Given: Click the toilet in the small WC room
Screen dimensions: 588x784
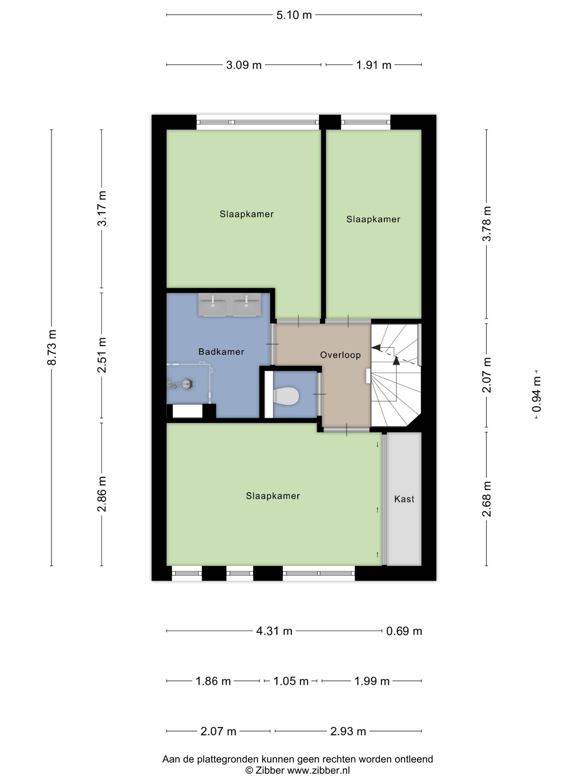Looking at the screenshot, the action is (x=286, y=396).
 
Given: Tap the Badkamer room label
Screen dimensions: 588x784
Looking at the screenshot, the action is (x=221, y=352).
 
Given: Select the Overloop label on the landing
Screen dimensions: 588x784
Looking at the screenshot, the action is (x=340, y=355).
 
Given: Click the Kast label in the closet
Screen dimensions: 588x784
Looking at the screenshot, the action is (x=404, y=499).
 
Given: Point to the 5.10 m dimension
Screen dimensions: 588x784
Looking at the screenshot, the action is (x=294, y=15).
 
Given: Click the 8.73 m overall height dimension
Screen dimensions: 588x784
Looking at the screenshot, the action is (x=52, y=347).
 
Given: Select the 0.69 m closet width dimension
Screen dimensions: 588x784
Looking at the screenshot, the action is (x=404, y=631).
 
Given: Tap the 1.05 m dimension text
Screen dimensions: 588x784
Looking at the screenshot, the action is (x=291, y=681).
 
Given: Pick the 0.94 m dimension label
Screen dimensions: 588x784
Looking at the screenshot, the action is (x=537, y=394).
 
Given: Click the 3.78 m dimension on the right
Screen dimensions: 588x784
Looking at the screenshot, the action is (x=487, y=224).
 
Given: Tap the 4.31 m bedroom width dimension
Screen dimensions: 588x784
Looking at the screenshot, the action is (x=274, y=631).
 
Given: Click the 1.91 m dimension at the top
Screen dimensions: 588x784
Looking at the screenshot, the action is (x=374, y=65).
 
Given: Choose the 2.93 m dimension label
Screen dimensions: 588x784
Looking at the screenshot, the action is (x=348, y=731).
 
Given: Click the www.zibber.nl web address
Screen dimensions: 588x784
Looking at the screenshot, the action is (x=318, y=770).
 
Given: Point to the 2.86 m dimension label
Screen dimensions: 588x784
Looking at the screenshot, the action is (x=102, y=494).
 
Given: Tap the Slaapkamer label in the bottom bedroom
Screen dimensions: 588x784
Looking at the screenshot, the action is (x=273, y=496).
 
